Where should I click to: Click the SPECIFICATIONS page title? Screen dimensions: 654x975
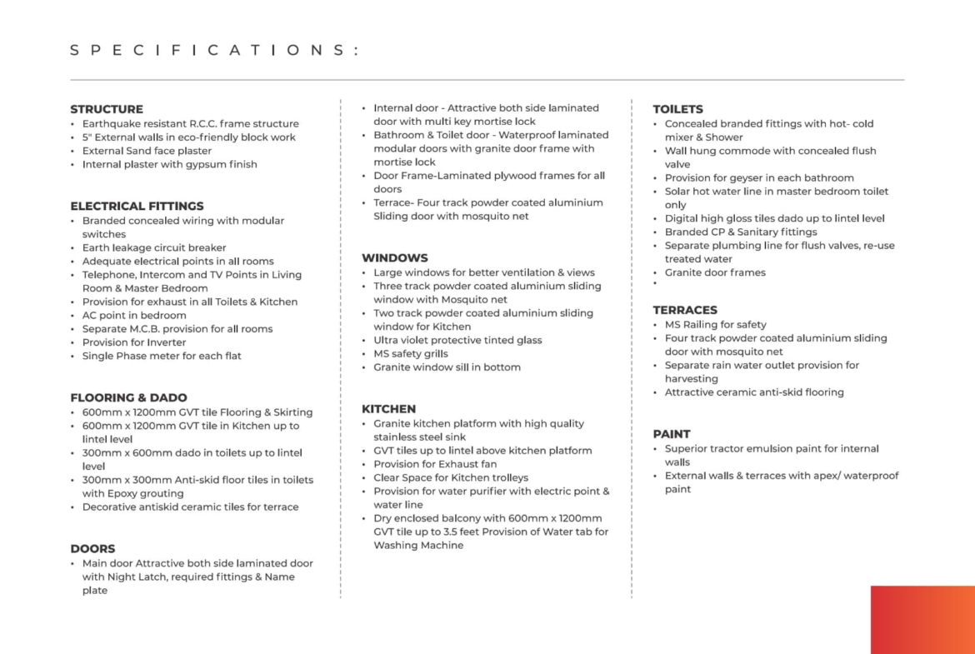point(214,50)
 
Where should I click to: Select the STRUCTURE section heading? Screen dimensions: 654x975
point(107,109)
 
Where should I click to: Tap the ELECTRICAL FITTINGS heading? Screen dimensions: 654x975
point(137,206)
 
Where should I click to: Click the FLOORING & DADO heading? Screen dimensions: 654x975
point(128,397)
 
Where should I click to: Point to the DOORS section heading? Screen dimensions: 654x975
point(92,548)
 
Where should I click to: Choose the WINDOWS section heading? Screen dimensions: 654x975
point(394,257)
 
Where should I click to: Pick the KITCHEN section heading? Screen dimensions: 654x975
point(388,409)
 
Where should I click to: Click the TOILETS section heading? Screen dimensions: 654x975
point(677,109)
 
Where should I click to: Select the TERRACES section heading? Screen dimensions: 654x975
point(685,310)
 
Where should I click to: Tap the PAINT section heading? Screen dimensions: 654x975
point(672,434)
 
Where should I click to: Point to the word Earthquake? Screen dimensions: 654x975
point(112,124)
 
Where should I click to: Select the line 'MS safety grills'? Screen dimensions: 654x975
point(410,353)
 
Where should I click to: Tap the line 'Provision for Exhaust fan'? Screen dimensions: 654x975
point(435,464)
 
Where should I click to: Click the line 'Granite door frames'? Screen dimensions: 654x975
point(715,272)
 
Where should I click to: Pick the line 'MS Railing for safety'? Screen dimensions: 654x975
point(715,325)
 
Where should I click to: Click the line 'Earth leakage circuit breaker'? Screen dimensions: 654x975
point(154,247)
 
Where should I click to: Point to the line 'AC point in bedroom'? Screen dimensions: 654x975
point(134,315)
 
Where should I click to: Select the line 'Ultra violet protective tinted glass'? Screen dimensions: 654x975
point(457,340)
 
